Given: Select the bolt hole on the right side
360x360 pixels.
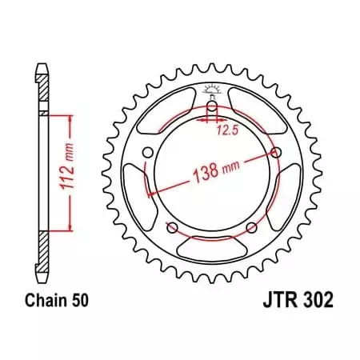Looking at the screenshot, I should tap(276, 152).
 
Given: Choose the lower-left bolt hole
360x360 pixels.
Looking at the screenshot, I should tap(171, 228).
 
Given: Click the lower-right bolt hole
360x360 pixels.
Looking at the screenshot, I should tap(251, 228).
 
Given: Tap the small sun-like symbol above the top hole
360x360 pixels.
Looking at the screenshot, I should tap(211, 90).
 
